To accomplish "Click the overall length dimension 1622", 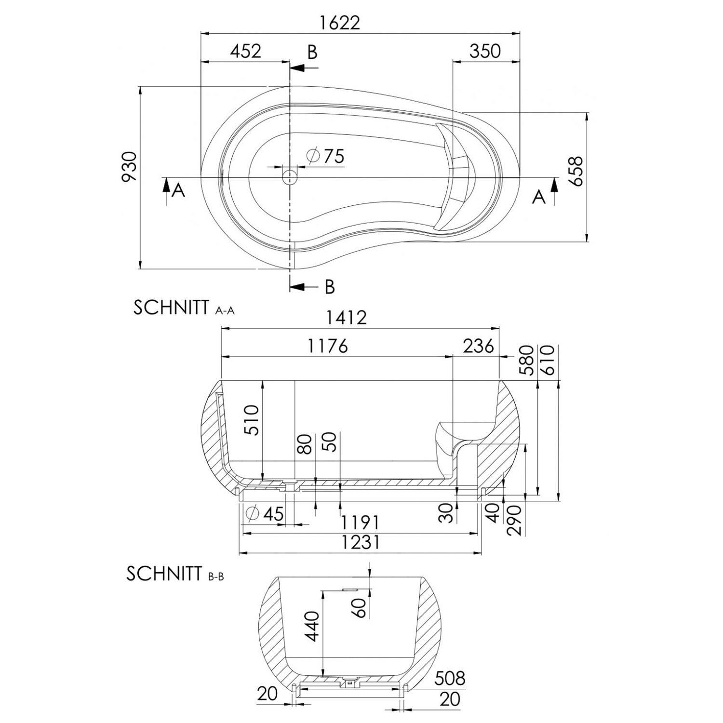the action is click(339, 23).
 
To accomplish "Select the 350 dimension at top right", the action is click(485, 51).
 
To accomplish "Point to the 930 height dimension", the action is click(129, 166).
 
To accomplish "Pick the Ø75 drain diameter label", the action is click(326, 156).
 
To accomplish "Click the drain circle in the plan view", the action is click(290, 177).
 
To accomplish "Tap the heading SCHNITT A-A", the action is click(184, 308).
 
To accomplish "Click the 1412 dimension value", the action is click(346, 317).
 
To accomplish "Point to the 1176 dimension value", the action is click(327, 346).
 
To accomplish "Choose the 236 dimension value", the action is click(478, 346).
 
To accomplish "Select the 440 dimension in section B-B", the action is click(312, 626).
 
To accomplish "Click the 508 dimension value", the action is click(450, 678).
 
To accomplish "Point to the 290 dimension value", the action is click(515, 520).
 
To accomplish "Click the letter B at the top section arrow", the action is click(312, 52).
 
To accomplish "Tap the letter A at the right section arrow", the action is click(539, 197).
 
